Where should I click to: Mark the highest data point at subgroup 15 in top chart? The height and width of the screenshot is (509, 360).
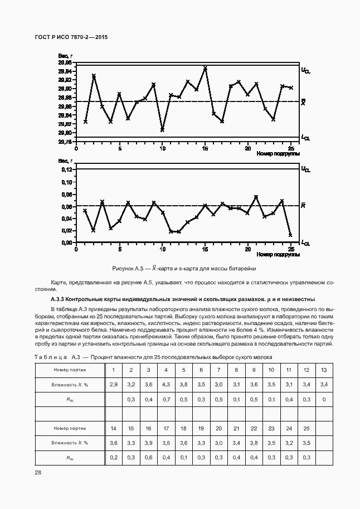point(205,68)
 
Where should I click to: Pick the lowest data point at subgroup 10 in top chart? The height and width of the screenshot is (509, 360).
point(162,129)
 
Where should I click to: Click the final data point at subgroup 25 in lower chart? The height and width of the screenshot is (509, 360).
point(291,235)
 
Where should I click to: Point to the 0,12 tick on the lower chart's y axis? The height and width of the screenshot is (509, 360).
point(66,169)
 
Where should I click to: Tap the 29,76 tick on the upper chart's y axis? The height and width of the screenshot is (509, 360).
point(65,142)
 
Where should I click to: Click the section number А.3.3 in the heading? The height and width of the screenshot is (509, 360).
point(60,299)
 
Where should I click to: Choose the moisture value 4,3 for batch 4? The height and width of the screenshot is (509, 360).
point(166,385)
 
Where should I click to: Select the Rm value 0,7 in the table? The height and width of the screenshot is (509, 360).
point(166,399)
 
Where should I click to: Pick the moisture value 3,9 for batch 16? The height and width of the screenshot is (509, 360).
point(148,443)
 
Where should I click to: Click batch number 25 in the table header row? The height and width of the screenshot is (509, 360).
point(306,428)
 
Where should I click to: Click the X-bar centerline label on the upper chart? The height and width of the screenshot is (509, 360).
point(303,101)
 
